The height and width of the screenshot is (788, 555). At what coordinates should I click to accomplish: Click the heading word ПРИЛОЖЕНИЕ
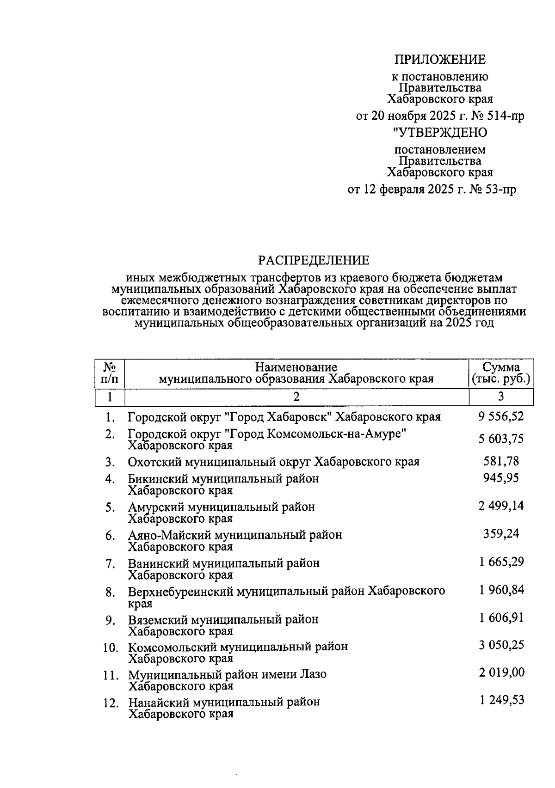tap(439, 60)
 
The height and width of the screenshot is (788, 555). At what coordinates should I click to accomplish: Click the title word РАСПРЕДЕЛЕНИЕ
tap(314, 261)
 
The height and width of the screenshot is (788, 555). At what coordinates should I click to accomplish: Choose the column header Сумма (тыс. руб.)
tap(501, 373)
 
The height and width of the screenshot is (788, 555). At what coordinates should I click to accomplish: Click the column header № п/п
tap(110, 373)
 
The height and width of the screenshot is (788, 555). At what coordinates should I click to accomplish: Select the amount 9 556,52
tap(501, 416)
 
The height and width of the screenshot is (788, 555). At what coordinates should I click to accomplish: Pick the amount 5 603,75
tap(501, 439)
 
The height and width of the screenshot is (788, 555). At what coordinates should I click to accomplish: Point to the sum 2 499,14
tap(501, 506)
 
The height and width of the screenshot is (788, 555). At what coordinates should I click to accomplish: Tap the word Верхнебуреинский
tap(181, 592)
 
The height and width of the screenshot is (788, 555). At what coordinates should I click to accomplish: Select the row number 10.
tap(111, 648)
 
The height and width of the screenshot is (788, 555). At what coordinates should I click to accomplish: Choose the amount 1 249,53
tap(501, 700)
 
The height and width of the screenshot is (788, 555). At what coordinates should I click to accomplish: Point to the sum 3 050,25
tap(501, 645)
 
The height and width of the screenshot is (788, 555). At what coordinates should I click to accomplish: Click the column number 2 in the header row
tap(296, 397)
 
